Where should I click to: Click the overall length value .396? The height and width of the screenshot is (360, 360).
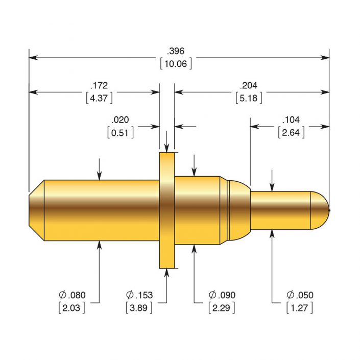[176, 51]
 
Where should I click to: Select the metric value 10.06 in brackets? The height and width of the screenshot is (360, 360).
[176, 64]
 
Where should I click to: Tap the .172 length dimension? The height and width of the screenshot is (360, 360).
[99, 85]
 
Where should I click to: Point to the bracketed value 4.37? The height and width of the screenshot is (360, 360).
[99, 98]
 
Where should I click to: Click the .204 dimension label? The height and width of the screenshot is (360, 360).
[249, 85]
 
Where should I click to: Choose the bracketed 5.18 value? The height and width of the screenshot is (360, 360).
[249, 98]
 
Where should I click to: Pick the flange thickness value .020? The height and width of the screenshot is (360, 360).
[121, 120]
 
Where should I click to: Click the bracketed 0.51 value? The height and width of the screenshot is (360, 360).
[121, 133]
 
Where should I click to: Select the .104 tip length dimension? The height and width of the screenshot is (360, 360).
[291, 120]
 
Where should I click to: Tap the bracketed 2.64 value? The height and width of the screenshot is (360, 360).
[291, 133]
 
